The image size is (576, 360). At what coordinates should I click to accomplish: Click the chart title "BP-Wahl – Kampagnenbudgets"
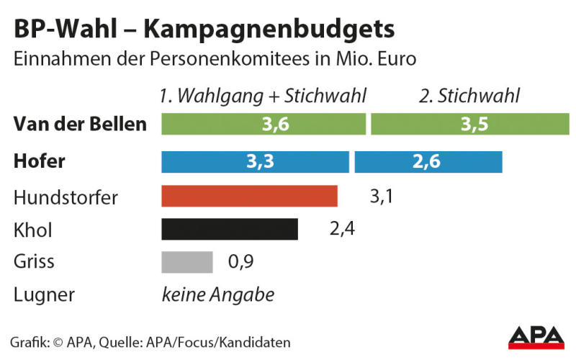coord(204,30)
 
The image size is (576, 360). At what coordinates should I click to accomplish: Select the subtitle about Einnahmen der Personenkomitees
coord(215,59)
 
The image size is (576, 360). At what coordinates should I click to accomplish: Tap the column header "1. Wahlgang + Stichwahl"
coord(264,96)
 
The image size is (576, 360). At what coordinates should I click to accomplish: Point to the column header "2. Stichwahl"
coord(469,96)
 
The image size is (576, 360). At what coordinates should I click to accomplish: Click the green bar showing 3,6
coord(264,124)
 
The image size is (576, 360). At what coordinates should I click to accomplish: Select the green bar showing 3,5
coord(469,124)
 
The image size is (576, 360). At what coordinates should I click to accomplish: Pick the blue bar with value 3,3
coord(255,162)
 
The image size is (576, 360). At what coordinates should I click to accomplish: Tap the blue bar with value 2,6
coord(428,162)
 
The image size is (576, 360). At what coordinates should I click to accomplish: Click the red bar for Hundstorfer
coord(249,197)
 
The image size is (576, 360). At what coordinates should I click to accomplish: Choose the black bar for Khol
coord(229,229)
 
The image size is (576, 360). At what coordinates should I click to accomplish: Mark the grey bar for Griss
coord(187,261)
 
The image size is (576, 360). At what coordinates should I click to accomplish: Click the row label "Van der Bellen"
coord(80,124)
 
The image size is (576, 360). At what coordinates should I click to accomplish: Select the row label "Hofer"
coord(39,162)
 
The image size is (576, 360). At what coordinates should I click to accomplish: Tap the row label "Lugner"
coord(44,294)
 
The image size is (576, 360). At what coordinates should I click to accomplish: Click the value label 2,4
coord(342,230)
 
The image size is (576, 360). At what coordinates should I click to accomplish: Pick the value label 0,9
coord(240,261)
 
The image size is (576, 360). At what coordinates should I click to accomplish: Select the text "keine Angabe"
coord(217,294)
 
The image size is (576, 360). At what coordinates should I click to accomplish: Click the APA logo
coord(536,338)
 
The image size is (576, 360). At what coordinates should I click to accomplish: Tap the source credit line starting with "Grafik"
coord(150,341)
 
